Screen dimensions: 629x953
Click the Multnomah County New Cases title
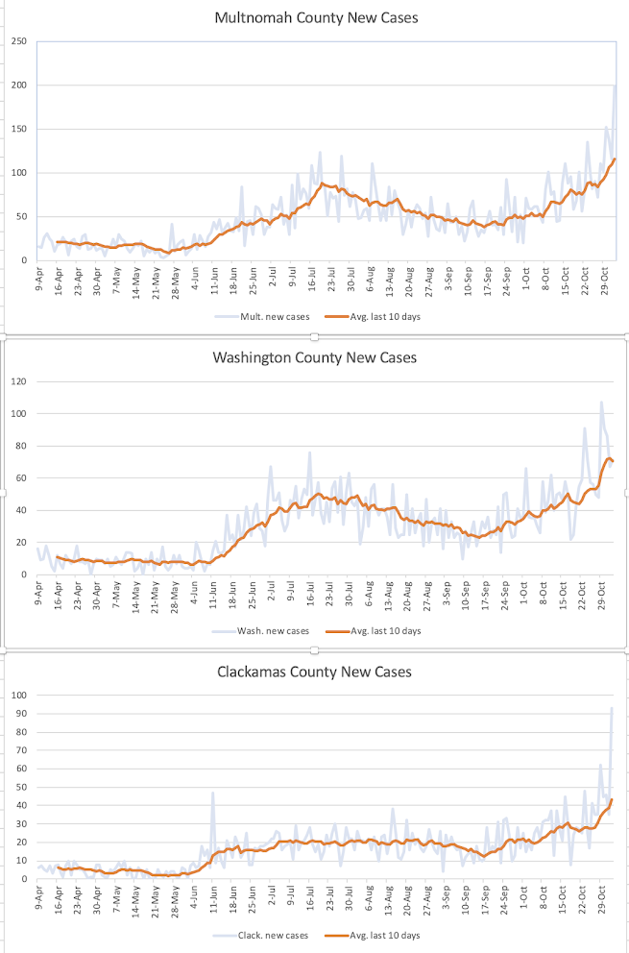317,17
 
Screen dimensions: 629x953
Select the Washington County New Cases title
315,356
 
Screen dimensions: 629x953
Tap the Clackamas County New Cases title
315,672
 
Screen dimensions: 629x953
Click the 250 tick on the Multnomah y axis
19,41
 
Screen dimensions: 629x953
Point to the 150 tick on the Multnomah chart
19,129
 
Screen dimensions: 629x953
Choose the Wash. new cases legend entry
260,631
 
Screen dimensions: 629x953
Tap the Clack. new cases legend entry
260,935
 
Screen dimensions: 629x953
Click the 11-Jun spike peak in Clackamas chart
212,792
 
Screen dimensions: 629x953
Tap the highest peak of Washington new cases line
602,402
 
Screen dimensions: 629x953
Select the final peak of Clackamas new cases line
612,707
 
